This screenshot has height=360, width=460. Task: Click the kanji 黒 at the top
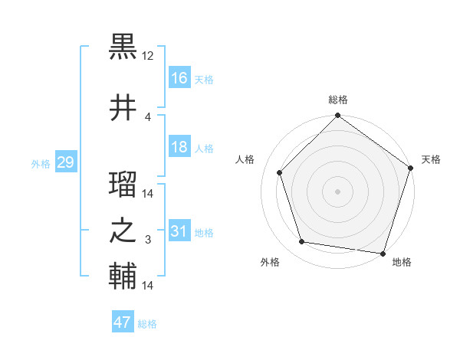123,47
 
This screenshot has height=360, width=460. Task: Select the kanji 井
123,108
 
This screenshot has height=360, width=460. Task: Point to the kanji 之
123,231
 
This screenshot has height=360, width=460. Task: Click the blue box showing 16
179,77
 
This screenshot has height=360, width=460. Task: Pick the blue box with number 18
179,147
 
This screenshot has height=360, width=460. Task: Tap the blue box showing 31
179,231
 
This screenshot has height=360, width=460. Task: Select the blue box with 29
65,162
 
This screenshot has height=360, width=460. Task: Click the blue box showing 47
123,322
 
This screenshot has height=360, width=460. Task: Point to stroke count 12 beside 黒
148,57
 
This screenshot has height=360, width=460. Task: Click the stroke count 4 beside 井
148,117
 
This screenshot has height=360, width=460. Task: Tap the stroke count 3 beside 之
148,241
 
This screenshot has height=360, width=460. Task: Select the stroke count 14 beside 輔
148,286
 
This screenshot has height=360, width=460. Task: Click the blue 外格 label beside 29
40,164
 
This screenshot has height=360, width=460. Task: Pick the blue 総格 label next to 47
147,324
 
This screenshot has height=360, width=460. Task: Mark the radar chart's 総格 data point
337,116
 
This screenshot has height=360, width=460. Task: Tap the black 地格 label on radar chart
402,263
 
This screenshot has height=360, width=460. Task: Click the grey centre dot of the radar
337,191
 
